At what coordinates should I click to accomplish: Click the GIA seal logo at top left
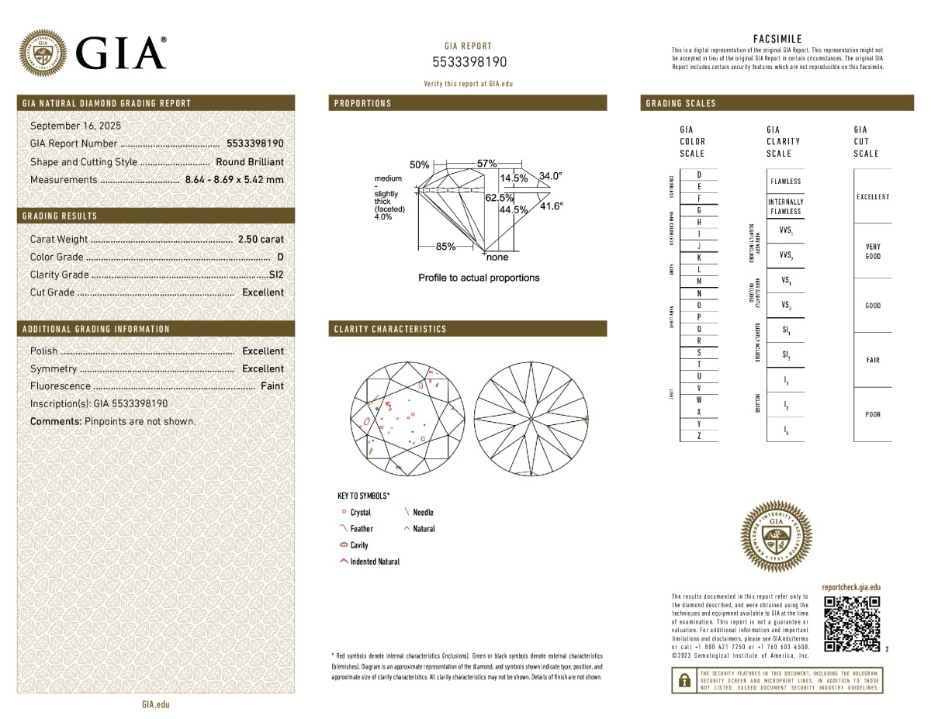click(x=42, y=53)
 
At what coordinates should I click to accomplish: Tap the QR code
click(x=852, y=624)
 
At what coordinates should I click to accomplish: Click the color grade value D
click(x=280, y=257)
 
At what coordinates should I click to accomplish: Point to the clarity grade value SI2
click(x=276, y=275)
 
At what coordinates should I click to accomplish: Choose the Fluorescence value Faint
click(x=272, y=386)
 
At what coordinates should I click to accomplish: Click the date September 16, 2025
click(x=75, y=126)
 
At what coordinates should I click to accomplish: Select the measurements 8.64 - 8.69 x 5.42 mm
click(x=234, y=180)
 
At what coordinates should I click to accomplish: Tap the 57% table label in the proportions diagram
click(x=486, y=164)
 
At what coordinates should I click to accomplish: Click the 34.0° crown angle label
click(x=550, y=176)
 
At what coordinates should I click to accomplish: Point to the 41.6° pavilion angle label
click(x=552, y=206)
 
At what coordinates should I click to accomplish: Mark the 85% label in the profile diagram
click(x=445, y=247)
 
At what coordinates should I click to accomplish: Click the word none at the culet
click(x=497, y=258)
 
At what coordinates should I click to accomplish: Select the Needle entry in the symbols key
click(x=423, y=513)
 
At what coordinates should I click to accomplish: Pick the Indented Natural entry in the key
click(x=375, y=562)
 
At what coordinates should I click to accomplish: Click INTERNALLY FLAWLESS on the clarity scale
click(x=785, y=206)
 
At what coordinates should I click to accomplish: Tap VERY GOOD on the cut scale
click(x=872, y=251)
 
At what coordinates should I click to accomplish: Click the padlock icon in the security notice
click(x=684, y=680)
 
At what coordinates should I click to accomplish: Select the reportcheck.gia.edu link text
click(x=851, y=588)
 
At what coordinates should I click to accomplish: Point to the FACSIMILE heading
click(x=777, y=39)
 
